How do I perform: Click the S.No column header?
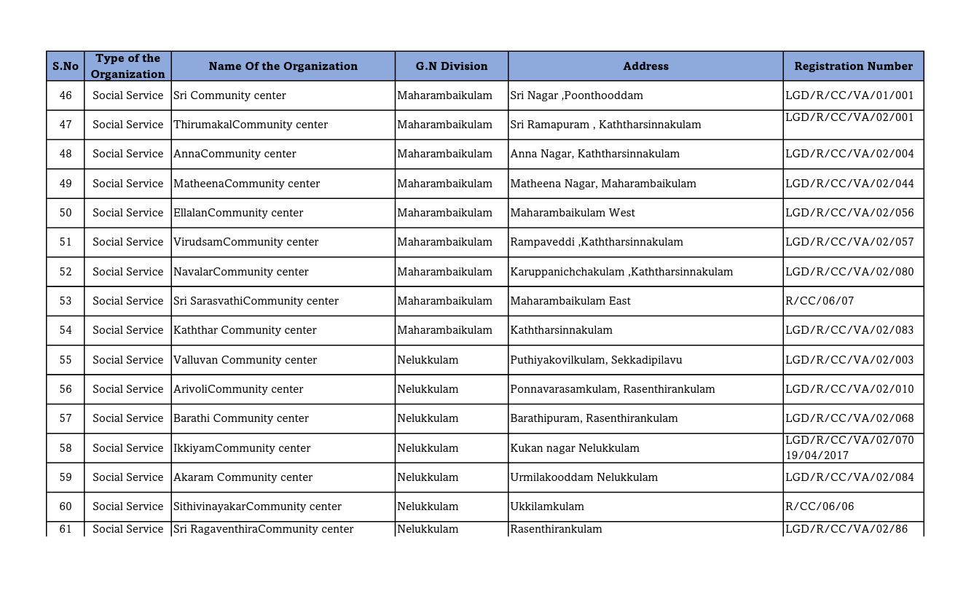(66, 66)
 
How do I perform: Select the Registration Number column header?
(853, 66)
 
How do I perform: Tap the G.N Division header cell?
(452, 66)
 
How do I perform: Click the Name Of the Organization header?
(283, 66)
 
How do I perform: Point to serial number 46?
(66, 95)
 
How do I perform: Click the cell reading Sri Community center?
(229, 95)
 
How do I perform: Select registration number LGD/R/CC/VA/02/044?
(849, 184)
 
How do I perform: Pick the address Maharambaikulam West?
(573, 213)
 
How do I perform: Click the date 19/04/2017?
(817, 455)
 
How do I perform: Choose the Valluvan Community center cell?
(245, 360)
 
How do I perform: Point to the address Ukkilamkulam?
(547, 506)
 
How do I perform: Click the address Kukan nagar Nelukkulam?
(575, 448)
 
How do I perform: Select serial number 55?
(66, 360)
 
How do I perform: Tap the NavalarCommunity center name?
(241, 272)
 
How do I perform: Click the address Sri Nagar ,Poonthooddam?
(576, 95)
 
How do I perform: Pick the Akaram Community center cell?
(243, 477)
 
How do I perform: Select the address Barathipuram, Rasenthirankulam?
(594, 418)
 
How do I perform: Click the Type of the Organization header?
(127, 66)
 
